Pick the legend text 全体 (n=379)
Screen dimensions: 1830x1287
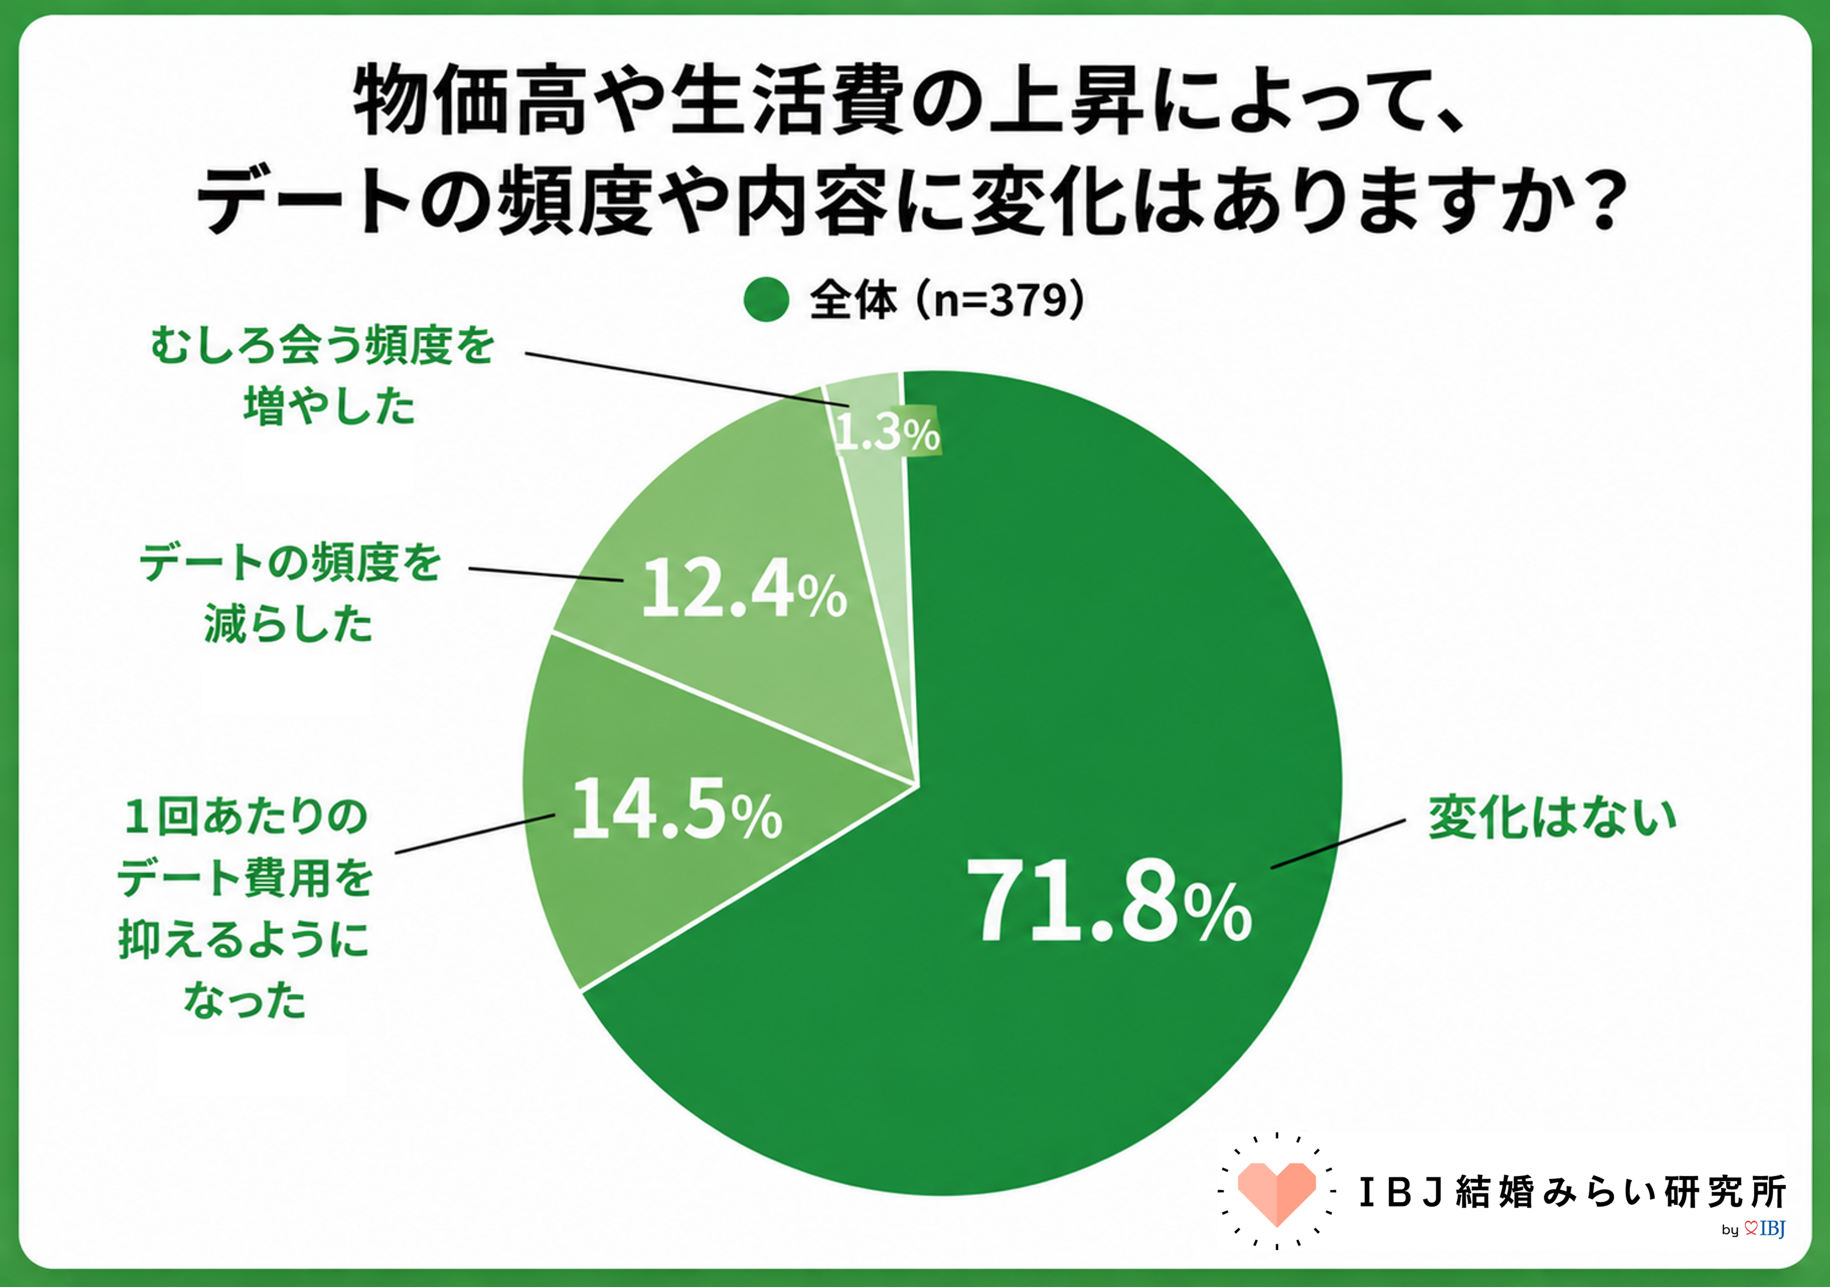(x=946, y=300)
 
